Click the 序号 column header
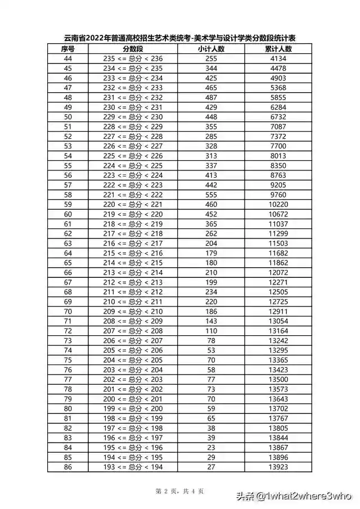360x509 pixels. [68, 49]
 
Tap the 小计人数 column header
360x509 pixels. [211, 49]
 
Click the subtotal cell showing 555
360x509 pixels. [211, 194]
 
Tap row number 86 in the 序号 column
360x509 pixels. [68, 466]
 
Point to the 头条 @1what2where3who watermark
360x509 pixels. [293, 496]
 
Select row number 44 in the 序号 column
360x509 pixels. [68, 58]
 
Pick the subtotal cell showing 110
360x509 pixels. [211, 330]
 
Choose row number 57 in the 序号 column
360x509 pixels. [68, 184]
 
